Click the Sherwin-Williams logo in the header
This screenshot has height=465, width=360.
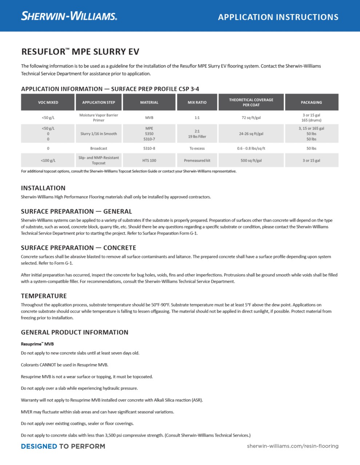69,16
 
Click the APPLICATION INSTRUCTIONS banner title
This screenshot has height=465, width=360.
278,17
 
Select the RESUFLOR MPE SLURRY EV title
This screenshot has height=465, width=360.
80,52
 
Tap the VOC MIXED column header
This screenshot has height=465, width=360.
48,102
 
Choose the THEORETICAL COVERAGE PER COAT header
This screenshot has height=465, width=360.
251,102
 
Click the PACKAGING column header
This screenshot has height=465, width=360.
311,102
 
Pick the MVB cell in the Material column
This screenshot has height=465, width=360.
149,118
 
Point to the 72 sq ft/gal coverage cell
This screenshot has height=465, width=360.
251,118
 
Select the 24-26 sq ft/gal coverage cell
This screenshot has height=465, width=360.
251,134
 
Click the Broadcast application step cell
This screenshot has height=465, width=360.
99,148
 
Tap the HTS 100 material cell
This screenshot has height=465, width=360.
149,160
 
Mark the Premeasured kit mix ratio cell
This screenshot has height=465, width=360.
197,160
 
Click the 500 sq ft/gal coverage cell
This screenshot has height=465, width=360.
251,160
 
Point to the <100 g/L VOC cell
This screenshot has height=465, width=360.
48,160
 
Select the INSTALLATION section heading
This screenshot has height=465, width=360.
43,188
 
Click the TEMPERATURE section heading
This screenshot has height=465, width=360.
44,296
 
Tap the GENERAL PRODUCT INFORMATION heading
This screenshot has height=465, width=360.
75,332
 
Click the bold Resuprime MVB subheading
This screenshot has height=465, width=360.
37,344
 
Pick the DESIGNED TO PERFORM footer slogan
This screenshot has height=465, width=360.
63,446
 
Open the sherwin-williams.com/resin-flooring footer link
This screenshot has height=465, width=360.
292,446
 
